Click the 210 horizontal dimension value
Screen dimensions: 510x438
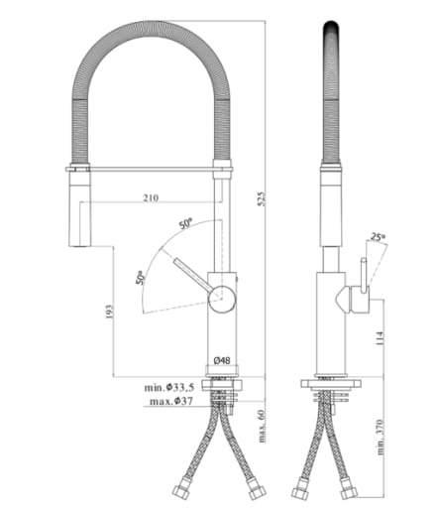pyautogui.click(x=150, y=198)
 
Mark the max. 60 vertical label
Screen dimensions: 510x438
pyautogui.click(x=262, y=424)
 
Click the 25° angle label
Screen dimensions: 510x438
pyautogui.click(x=377, y=237)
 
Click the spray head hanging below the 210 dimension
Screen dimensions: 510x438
pyautogui.click(x=75, y=208)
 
